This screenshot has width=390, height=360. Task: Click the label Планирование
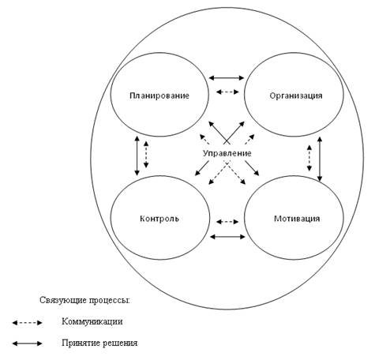tap(159, 96)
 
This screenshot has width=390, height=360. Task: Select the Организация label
tap(296, 96)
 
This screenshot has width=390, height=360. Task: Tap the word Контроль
tap(159, 219)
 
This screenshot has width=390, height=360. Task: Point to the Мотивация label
tap(297, 219)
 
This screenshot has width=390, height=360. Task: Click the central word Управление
tap(227, 153)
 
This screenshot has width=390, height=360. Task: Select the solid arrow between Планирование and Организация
tap(227, 78)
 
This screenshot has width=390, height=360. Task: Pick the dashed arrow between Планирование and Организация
tap(227, 92)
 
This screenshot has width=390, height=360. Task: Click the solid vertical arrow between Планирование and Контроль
tap(137, 156)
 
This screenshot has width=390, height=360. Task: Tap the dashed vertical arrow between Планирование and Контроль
tap(146, 155)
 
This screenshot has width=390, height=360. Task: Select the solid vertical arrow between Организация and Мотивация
tap(320, 159)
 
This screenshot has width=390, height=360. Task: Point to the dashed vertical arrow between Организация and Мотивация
tap(309, 158)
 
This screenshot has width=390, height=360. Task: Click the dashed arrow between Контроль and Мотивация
tap(227, 222)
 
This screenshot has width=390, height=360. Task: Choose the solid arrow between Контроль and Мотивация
tap(227, 237)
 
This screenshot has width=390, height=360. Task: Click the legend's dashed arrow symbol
tap(28, 323)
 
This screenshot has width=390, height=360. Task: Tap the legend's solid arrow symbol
tap(28, 343)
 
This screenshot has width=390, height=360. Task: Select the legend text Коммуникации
tap(92, 321)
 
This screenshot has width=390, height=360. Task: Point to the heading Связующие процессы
tap(84, 300)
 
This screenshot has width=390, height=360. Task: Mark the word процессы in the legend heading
tap(109, 301)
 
